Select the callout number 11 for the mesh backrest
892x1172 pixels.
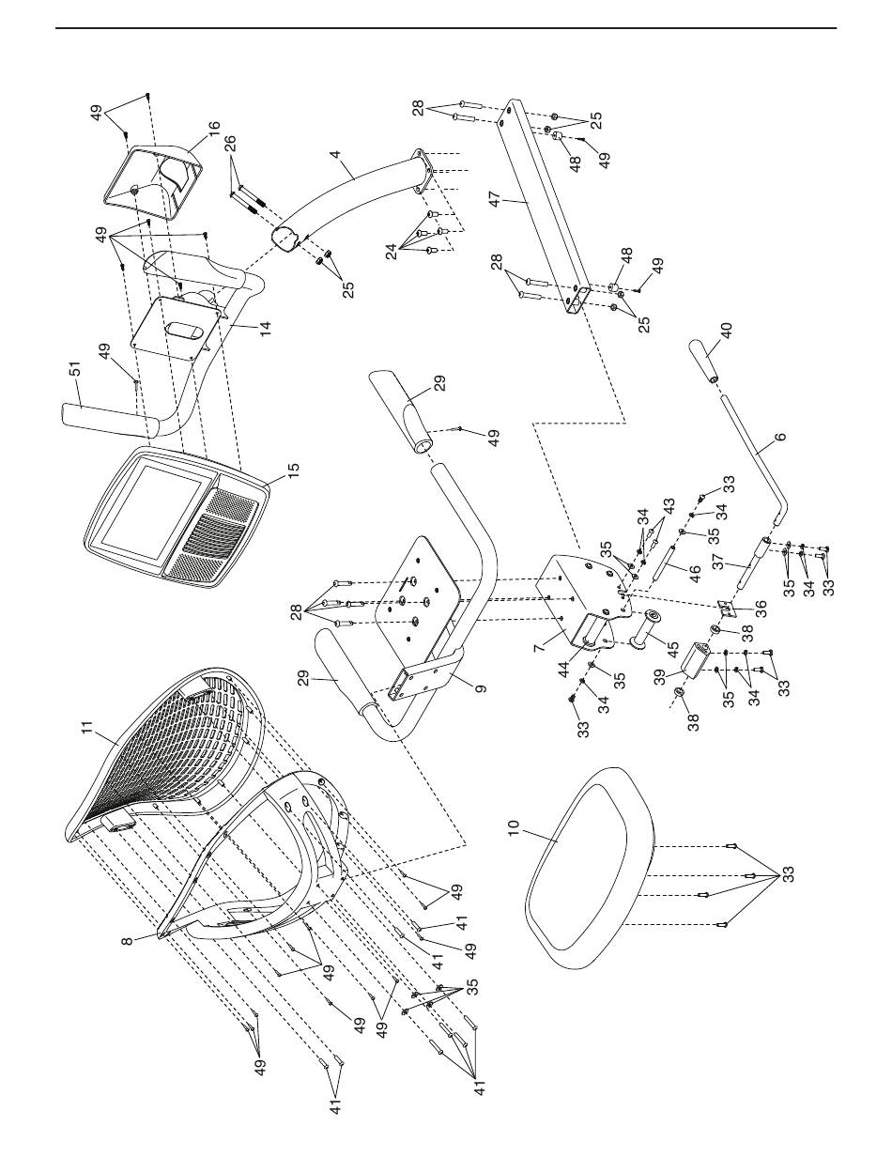(87, 728)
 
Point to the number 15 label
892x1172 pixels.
(293, 470)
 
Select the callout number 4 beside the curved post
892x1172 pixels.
(334, 154)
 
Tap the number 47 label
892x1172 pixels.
(496, 200)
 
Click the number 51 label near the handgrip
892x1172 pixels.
(77, 369)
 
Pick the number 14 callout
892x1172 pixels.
(266, 327)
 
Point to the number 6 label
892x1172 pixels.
(780, 437)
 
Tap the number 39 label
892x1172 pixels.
(660, 678)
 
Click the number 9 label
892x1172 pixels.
(481, 688)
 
